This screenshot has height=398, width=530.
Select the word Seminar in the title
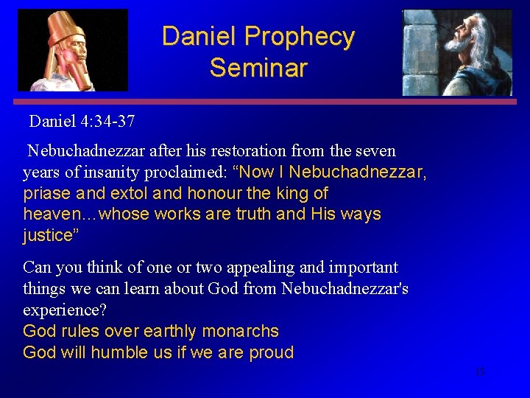coord(258,68)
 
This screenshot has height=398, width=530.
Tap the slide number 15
coord(480,372)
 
